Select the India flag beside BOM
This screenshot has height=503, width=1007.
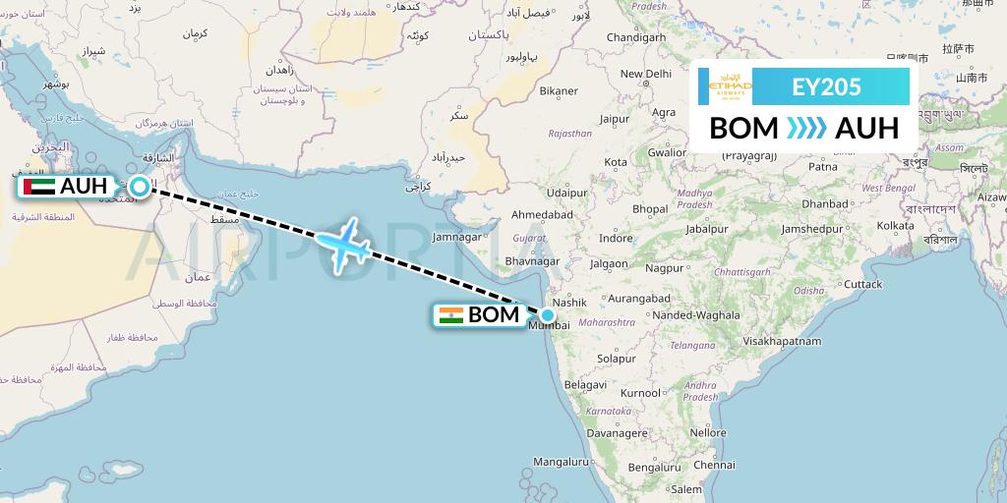point(451,315)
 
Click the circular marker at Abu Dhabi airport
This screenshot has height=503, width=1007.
point(141,186)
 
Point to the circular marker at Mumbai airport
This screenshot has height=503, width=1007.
point(547,314)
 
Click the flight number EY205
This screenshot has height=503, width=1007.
point(826,86)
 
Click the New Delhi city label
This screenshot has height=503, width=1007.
point(644,74)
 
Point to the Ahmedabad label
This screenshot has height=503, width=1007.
point(542,214)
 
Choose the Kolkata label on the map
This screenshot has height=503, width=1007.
point(896,226)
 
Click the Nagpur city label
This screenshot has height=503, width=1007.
point(665,267)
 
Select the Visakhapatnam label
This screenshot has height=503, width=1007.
point(782,341)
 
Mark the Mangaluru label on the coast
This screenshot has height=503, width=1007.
point(560,461)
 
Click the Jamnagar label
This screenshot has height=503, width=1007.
point(456,237)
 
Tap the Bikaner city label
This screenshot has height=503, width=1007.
point(559,91)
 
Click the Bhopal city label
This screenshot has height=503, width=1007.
point(649,209)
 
